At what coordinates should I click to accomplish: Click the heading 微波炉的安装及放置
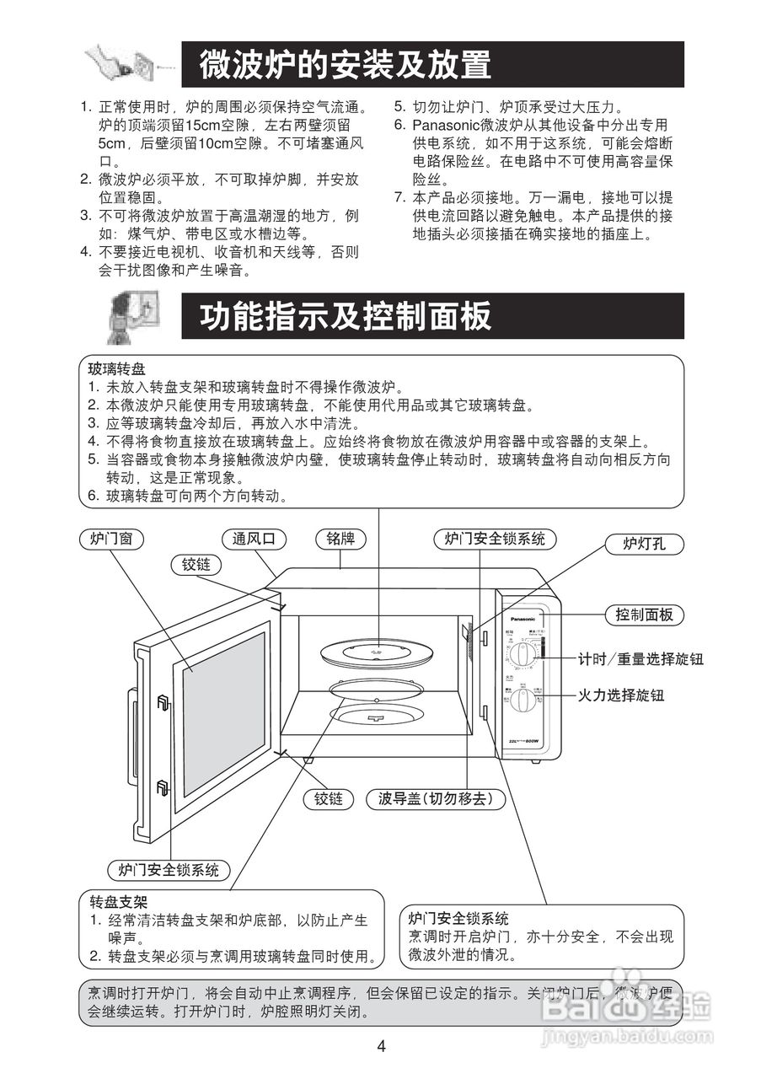346,65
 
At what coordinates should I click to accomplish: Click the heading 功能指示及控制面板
346,316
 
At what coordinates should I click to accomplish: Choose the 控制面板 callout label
644,615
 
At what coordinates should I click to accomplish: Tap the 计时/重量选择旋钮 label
640,659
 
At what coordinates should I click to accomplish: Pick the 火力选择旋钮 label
620,695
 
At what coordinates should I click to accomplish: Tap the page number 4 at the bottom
381,1047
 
